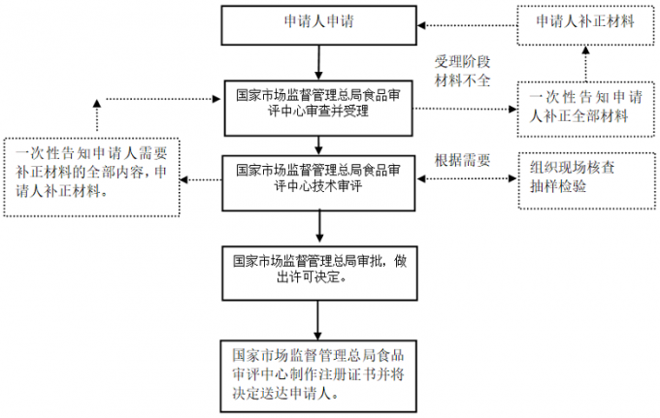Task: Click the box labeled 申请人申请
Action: click(317, 23)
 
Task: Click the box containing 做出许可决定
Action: click(319, 269)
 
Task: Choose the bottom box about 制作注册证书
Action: click(319, 370)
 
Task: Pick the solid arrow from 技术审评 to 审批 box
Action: click(318, 226)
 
